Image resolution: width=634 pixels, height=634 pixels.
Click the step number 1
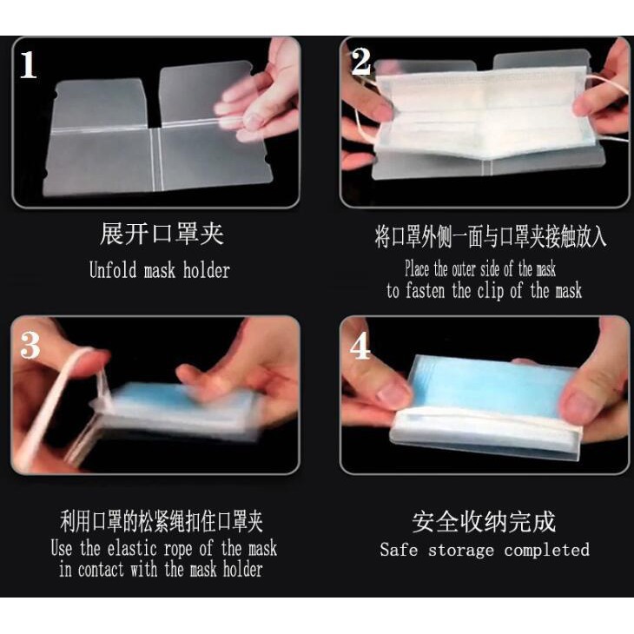[29, 64]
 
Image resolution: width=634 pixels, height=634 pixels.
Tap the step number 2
[360, 62]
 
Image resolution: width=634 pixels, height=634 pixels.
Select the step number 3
[30, 345]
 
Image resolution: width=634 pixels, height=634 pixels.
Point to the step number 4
[360, 347]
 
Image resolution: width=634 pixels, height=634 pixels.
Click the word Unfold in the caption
[112, 270]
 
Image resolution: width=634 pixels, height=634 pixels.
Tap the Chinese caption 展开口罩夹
[162, 234]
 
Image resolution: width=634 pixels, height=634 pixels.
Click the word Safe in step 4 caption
[400, 550]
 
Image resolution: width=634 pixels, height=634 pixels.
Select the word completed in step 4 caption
[546, 550]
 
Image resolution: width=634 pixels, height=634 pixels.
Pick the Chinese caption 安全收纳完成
[483, 522]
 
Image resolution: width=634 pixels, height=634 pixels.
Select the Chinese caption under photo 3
[162, 522]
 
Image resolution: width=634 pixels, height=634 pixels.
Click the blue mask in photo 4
[486, 382]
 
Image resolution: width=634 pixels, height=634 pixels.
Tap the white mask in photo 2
[478, 113]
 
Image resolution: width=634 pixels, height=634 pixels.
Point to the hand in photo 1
[261, 87]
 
